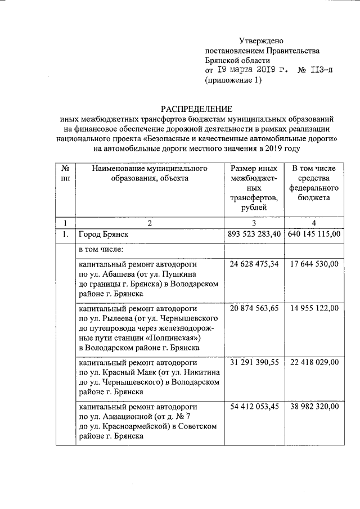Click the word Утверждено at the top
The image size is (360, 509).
tap(261, 40)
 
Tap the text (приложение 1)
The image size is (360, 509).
tap(233, 80)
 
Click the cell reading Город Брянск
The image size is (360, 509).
tap(104, 234)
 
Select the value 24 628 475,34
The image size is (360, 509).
tap(255, 263)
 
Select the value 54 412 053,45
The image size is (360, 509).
tap(255, 406)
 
